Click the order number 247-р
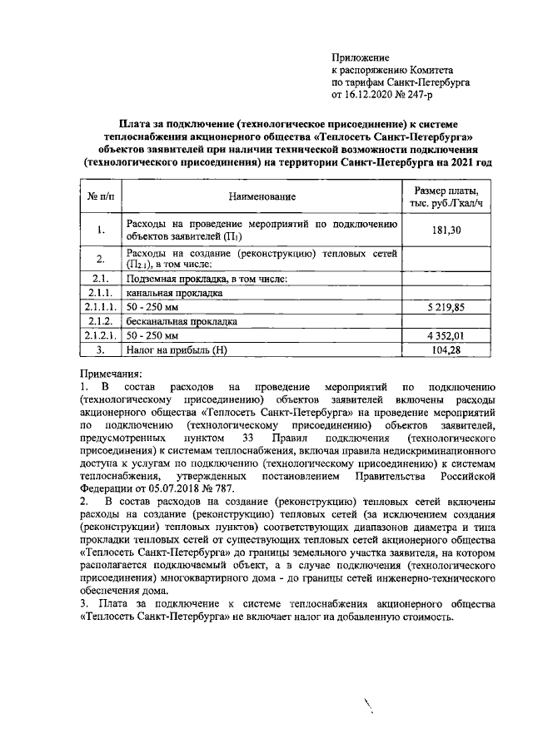click(416, 96)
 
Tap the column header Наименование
click(262, 196)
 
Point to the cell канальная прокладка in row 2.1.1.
click(173, 293)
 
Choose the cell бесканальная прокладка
click(181, 321)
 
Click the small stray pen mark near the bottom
click(367, 707)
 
